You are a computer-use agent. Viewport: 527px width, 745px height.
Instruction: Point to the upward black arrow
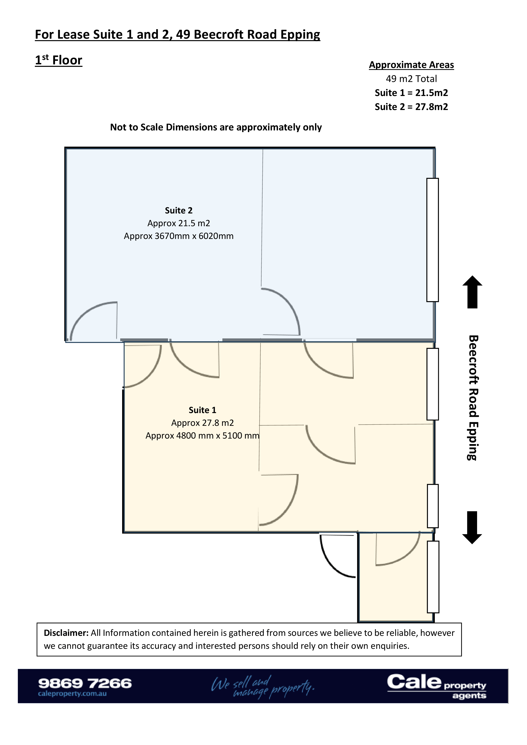pos(472,292)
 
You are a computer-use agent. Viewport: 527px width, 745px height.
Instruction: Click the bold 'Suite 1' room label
pos(202,410)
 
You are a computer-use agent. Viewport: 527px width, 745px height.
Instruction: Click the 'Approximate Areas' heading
pos(411,65)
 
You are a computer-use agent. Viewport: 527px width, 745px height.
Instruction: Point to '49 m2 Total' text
pos(411,79)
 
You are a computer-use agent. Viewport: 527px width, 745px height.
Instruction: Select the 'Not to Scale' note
pos(216,127)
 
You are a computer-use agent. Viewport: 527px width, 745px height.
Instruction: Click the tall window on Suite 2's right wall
pos(432,240)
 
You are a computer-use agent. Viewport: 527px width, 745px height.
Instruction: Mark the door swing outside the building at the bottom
pos(338,556)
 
